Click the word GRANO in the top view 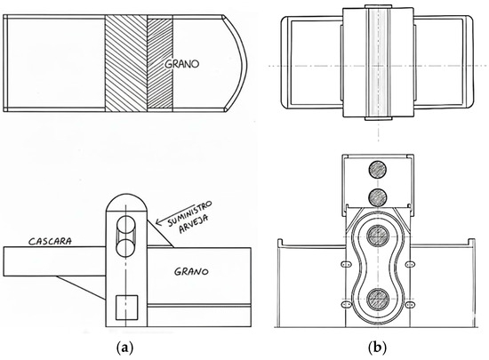click(x=181, y=64)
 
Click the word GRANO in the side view click(x=191, y=271)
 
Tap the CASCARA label click(x=50, y=241)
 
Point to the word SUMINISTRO click(x=189, y=213)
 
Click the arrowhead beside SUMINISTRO click(x=158, y=222)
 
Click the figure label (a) click(x=124, y=347)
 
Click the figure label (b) click(x=377, y=347)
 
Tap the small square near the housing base click(x=126, y=308)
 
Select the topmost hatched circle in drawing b click(x=378, y=170)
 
